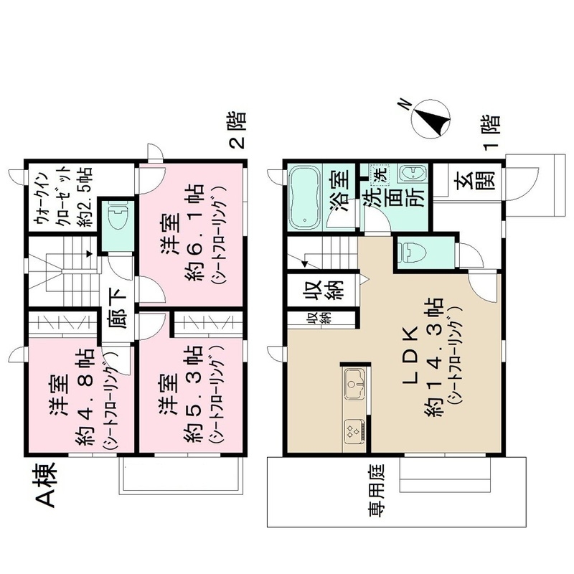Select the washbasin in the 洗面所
[x=412, y=174]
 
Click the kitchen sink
[x=354, y=385]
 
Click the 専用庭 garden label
[x=377, y=495]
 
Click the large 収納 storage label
[x=313, y=290]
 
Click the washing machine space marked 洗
[x=378, y=173]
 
